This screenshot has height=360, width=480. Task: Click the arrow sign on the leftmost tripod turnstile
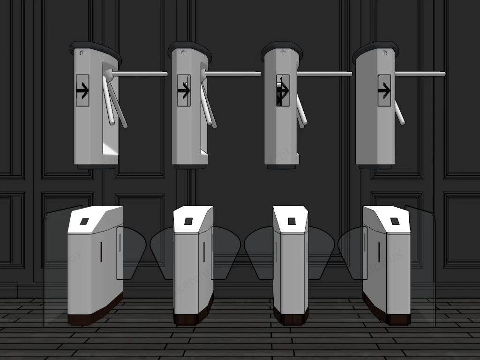pyautogui.click(x=82, y=90)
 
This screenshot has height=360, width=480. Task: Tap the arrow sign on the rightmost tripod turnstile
pyautogui.click(x=384, y=90)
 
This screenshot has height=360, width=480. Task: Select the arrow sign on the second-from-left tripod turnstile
pyautogui.click(x=184, y=90)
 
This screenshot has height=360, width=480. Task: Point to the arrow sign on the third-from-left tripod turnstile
pyautogui.click(x=283, y=90)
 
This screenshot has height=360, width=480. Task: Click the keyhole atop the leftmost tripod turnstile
pyautogui.click(x=82, y=52)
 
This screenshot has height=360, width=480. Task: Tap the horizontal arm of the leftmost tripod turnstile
pyautogui.click(x=141, y=74)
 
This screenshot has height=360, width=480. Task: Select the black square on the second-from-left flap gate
pyautogui.click(x=188, y=221)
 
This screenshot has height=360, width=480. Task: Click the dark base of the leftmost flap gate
pyautogui.click(x=94, y=313)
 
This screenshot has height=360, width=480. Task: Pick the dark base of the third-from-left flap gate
pyautogui.click(x=291, y=318)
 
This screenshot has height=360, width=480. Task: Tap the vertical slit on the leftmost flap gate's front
pyautogui.click(x=100, y=253)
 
